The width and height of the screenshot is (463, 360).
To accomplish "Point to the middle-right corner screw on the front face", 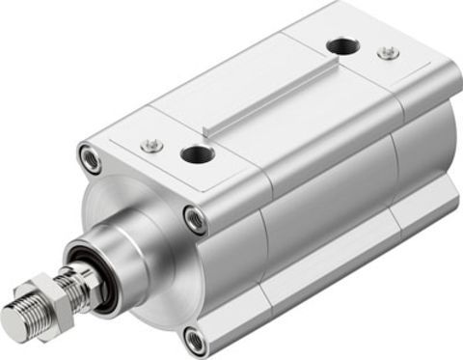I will click(196, 220).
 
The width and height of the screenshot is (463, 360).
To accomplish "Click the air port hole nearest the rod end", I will click(198, 153).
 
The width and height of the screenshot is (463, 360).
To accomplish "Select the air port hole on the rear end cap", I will click(342, 45).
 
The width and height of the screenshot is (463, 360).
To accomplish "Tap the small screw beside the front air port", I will click(150, 146).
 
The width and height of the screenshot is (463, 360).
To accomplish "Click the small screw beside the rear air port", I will click(388, 52).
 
